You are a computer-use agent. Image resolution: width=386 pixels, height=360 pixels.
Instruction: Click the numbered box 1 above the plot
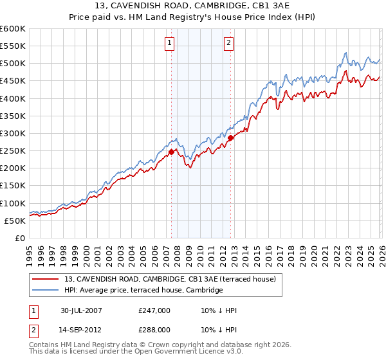pyautogui.click(x=169, y=43)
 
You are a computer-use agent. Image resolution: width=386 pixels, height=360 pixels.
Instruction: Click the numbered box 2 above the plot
pyautogui.click(x=228, y=43)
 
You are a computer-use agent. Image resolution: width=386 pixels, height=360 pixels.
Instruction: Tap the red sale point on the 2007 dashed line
pyautogui.click(x=172, y=152)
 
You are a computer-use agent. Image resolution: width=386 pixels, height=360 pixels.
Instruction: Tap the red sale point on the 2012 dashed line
pyautogui.click(x=230, y=138)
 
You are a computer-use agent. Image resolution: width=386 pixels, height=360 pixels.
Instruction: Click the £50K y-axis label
pyautogui.click(x=15, y=221)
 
